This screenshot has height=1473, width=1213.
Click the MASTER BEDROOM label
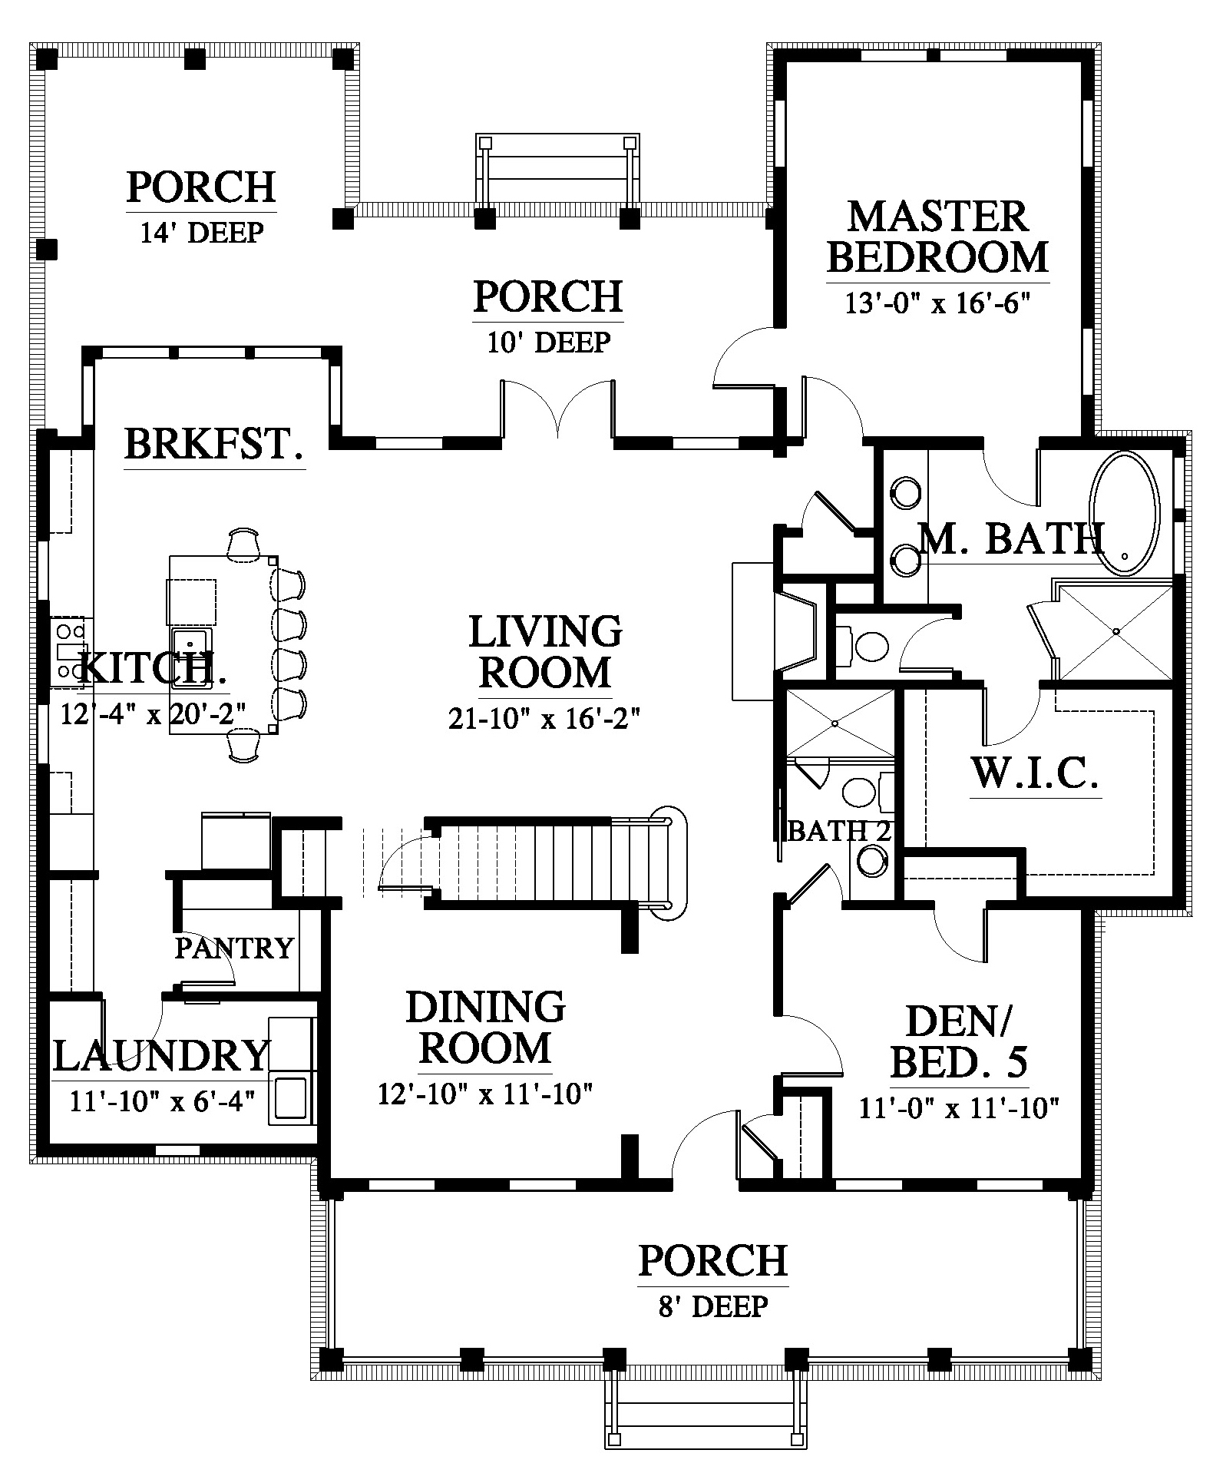[937, 237]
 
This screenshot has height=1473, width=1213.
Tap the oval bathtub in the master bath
[1125, 512]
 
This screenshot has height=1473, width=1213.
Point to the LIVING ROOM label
[545, 652]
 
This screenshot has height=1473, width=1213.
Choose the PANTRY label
[234, 948]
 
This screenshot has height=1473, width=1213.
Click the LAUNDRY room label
[162, 1055]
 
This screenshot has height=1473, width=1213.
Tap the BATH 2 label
[839, 831]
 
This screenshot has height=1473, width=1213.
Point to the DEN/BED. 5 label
[959, 1041]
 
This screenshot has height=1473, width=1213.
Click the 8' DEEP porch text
[713, 1305]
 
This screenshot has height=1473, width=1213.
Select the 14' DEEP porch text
[202, 231]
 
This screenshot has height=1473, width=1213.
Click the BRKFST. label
[214, 444]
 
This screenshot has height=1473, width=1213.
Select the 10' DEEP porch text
[548, 341]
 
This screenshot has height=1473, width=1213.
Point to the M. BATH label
[1012, 538]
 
